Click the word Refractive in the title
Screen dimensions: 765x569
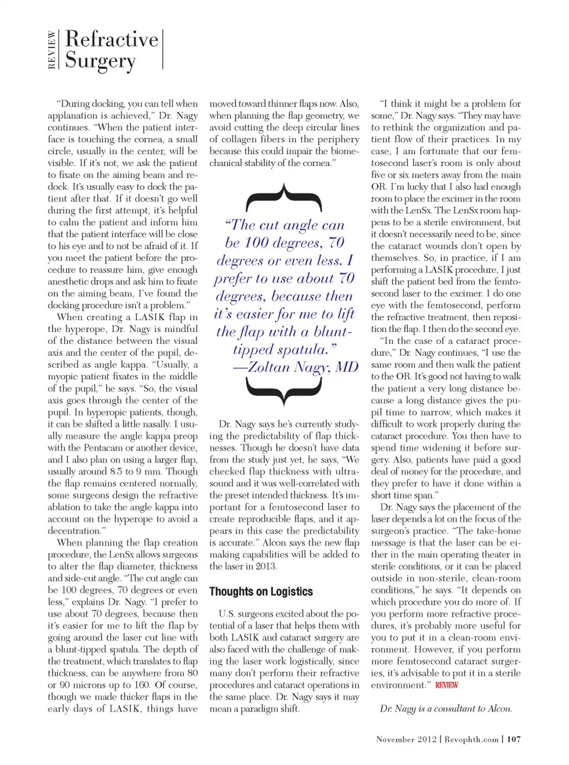click(112, 40)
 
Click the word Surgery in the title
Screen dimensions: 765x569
click(100, 61)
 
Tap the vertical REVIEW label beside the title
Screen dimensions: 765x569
click(52, 50)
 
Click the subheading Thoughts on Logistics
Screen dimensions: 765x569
click(261, 592)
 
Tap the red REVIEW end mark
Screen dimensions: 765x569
click(446, 686)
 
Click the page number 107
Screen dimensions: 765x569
click(514, 740)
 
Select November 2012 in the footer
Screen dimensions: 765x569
click(406, 740)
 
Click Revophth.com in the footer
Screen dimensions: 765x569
click(471, 740)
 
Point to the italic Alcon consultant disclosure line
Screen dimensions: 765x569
click(446, 709)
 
